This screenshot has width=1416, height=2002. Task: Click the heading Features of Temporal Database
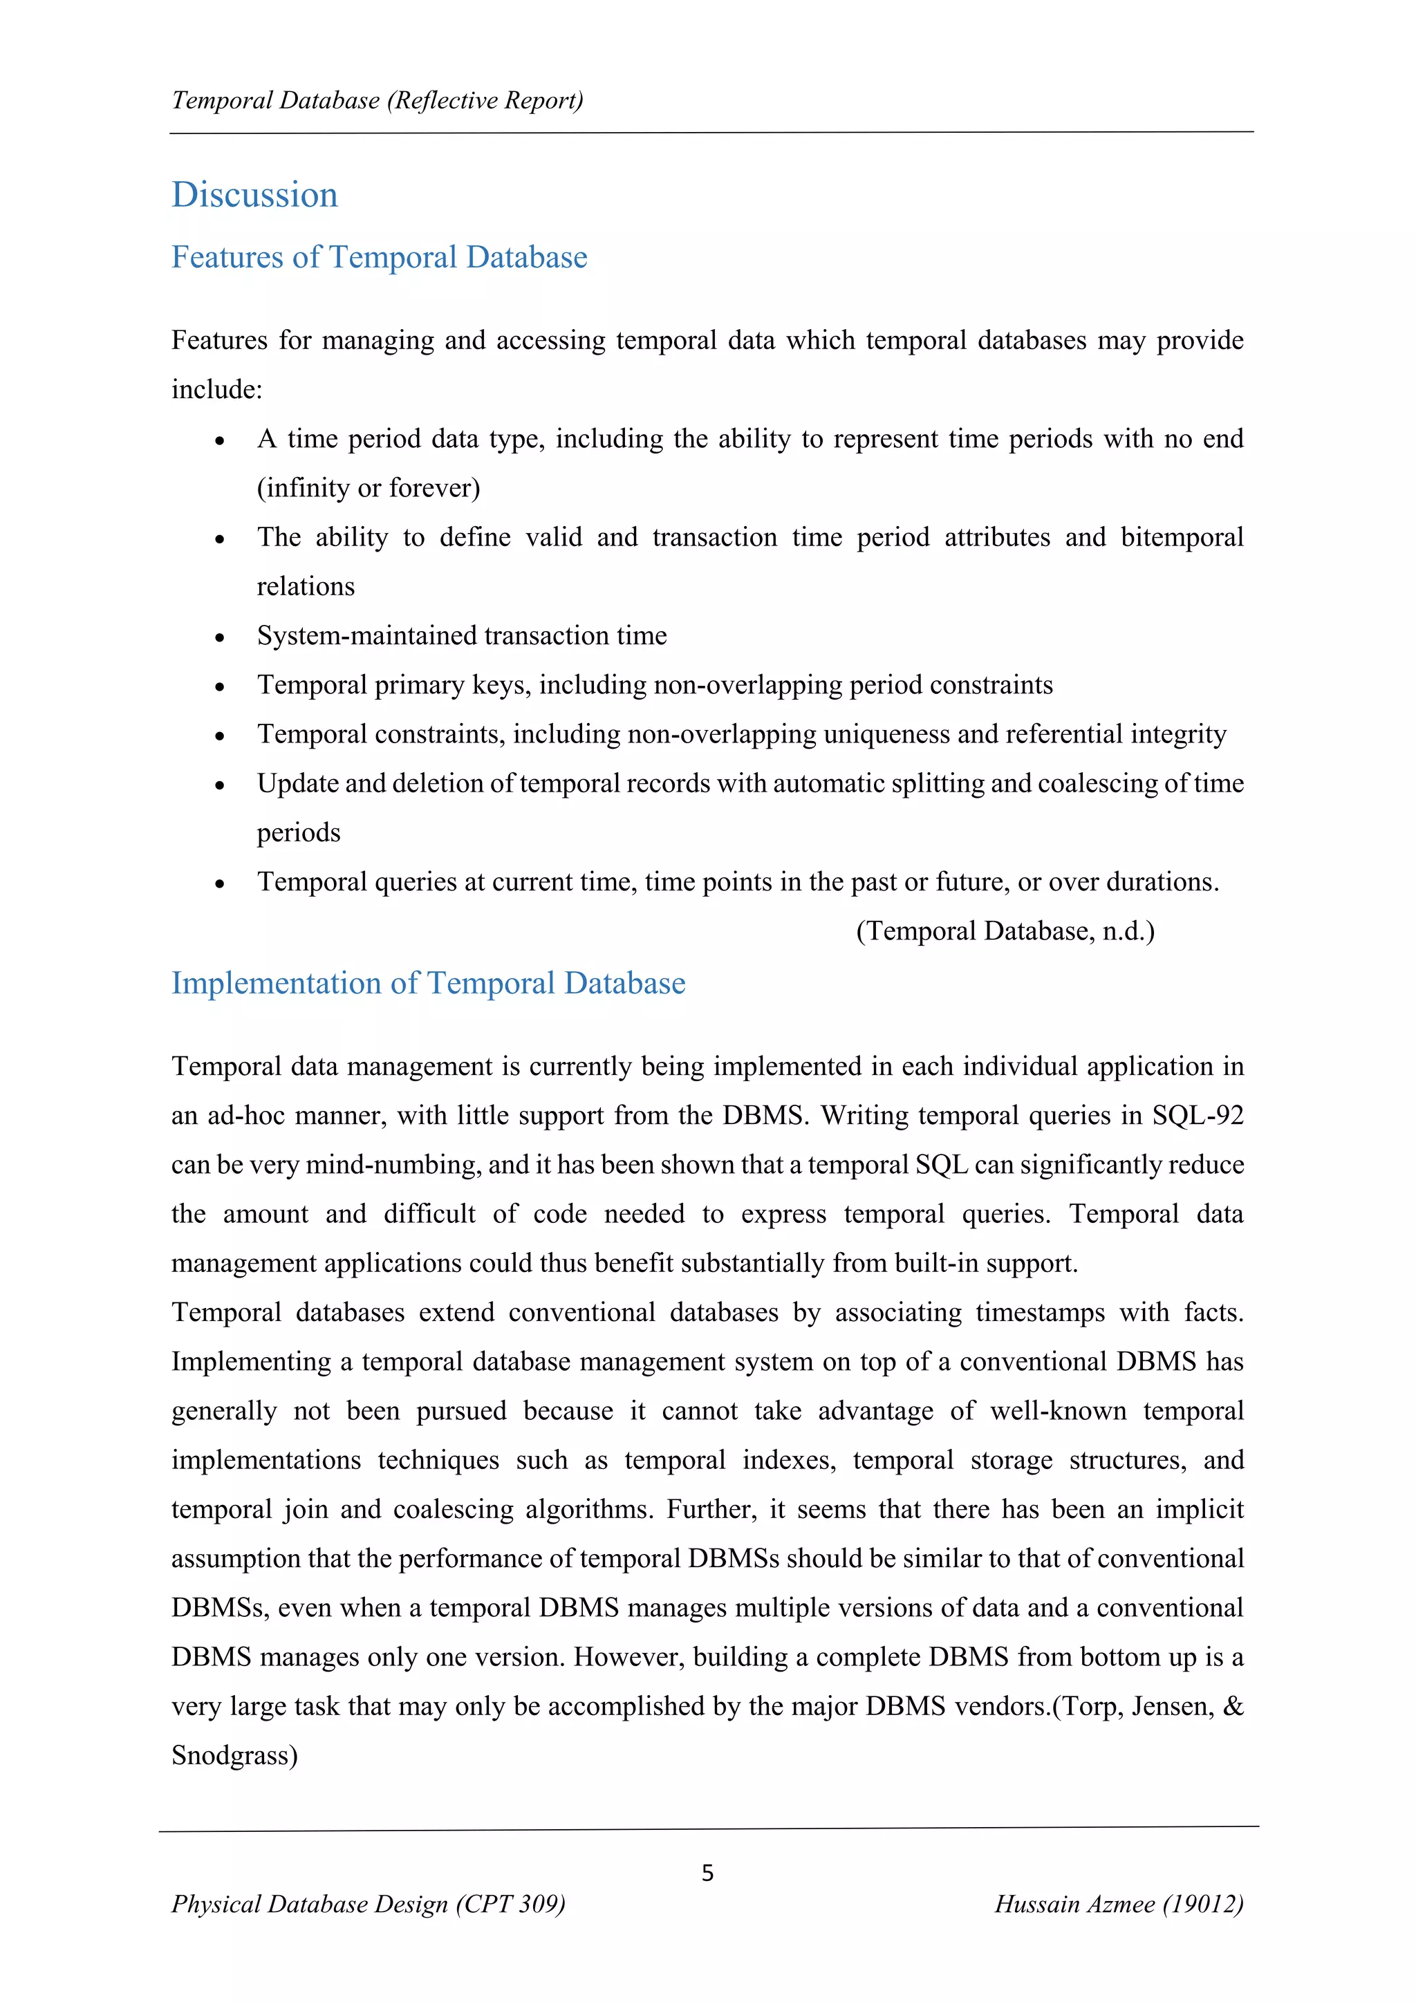pos(380,258)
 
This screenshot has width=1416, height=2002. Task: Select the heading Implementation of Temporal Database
pos(428,984)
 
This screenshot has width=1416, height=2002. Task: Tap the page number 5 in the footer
pos(707,1873)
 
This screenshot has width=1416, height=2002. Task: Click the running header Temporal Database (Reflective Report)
pos(378,101)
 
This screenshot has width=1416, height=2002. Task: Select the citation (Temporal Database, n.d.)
pos(1005,931)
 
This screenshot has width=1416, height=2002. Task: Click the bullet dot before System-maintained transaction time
pos(220,638)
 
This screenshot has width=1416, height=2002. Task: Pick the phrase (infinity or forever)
pos(368,488)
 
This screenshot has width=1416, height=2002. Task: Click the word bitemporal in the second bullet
pos(1182,537)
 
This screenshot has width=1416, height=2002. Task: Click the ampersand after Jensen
pos(1233,1705)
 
